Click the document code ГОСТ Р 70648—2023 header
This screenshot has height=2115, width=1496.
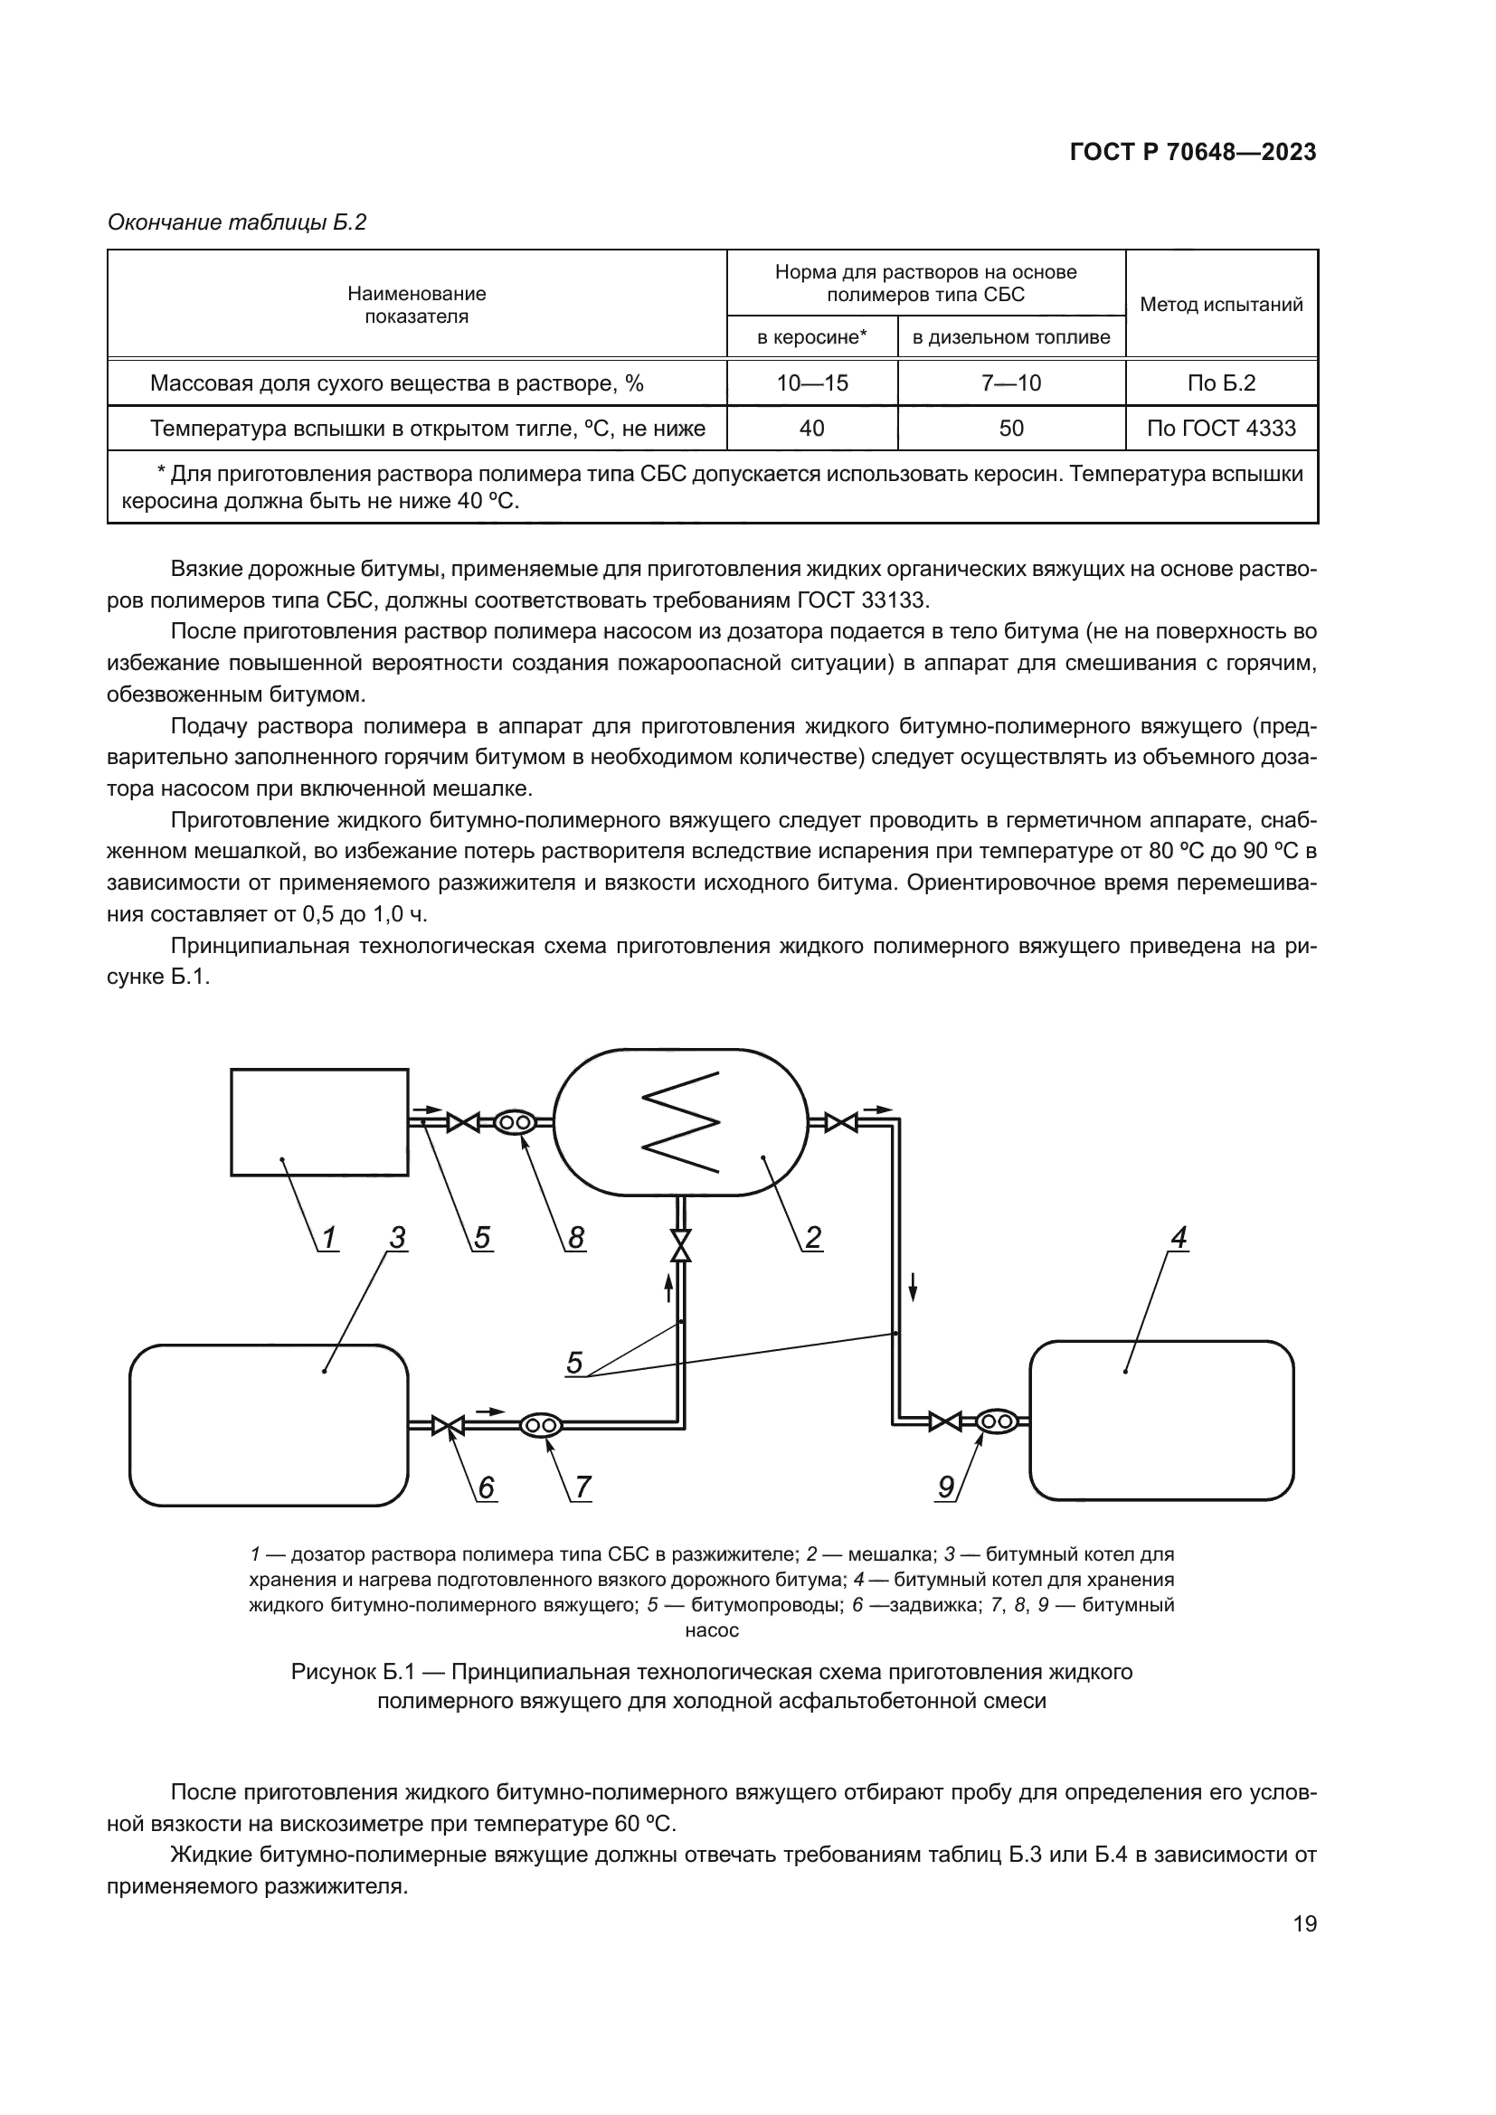point(1193,152)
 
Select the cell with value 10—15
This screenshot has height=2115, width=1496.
point(811,382)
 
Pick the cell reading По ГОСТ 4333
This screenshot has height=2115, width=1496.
point(1220,428)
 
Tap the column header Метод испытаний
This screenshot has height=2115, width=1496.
point(1220,304)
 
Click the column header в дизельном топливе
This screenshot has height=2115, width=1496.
point(1010,337)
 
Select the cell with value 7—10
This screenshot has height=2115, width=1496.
point(1010,382)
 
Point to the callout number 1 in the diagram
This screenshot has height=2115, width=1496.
point(328,1237)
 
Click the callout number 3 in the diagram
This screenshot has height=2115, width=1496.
point(397,1237)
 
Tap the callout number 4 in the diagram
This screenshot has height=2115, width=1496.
point(1179,1237)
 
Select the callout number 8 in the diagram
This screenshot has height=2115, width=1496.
point(576,1237)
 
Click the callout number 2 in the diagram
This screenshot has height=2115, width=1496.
point(812,1237)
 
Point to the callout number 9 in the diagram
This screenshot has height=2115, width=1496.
point(946,1487)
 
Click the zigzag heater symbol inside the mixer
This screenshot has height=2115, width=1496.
point(680,1121)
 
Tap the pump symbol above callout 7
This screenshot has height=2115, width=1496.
point(541,1426)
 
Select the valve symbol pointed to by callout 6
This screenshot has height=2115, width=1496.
point(449,1426)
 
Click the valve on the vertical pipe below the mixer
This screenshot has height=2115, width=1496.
point(681,1246)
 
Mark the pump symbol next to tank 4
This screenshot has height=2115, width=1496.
point(995,1421)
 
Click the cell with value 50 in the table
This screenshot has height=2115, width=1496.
point(1010,428)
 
